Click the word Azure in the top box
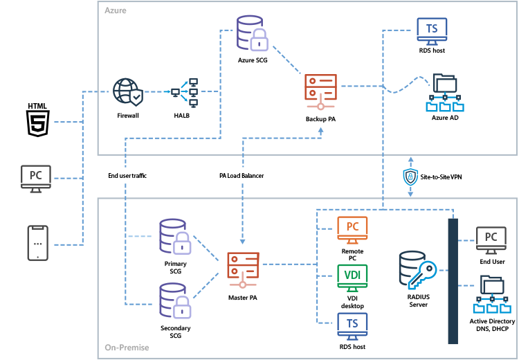tap(115, 11)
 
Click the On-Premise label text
tap(127, 348)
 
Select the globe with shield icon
tap(128, 91)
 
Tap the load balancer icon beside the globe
tap(185, 92)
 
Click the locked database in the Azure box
tap(251, 33)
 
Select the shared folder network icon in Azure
tap(444, 93)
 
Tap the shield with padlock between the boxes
tap(410, 177)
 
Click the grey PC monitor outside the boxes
tap(36, 178)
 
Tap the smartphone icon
tap(37, 243)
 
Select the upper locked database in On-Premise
tap(174, 235)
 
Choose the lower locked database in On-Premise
tap(174, 299)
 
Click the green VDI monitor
tap(352, 277)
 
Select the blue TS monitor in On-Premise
tap(352, 325)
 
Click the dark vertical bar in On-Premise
tap(453, 280)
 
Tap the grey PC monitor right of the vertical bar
tap(491, 239)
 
